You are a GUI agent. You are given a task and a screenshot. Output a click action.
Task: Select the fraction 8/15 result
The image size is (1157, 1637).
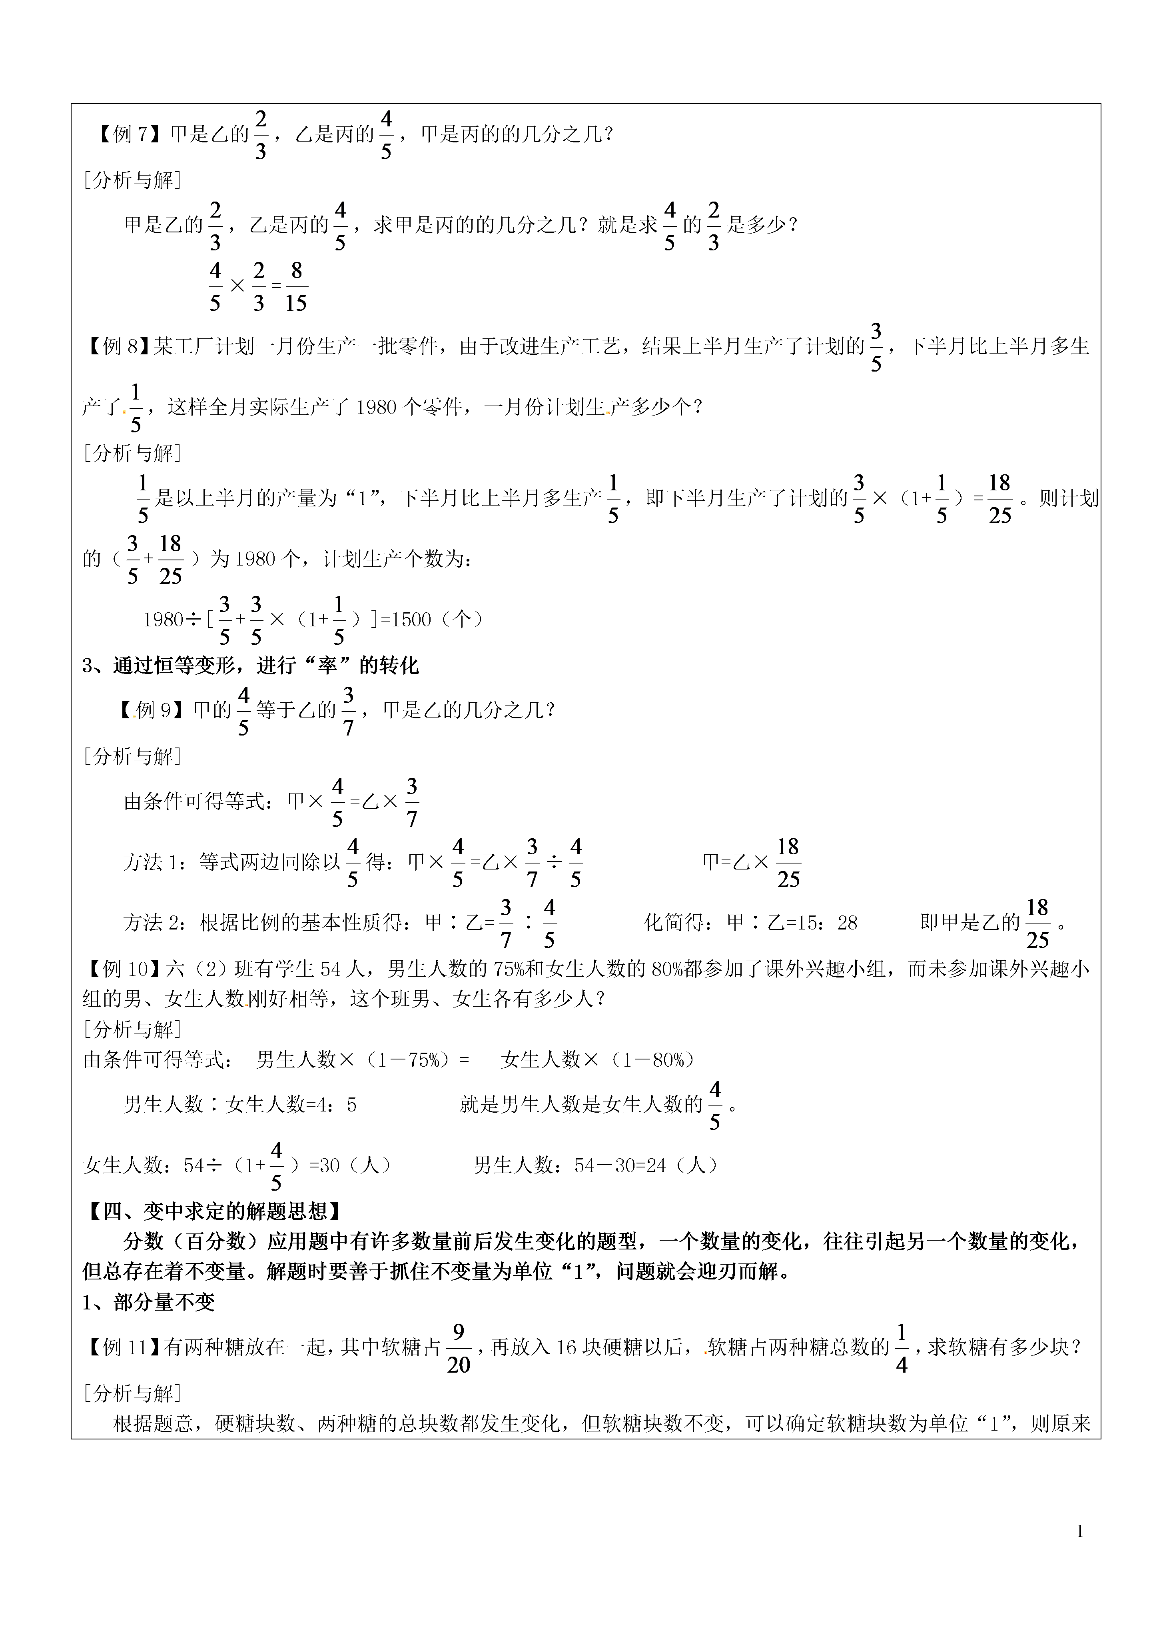pos(296,287)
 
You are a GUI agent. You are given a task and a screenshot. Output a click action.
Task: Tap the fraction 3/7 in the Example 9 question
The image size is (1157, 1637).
pos(348,711)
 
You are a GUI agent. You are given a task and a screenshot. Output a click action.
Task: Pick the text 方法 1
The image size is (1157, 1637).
pos(153,863)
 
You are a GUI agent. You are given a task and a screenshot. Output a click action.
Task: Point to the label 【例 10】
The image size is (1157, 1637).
pos(122,969)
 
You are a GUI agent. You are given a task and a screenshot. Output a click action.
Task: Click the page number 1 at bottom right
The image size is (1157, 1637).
pos(1080,1531)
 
